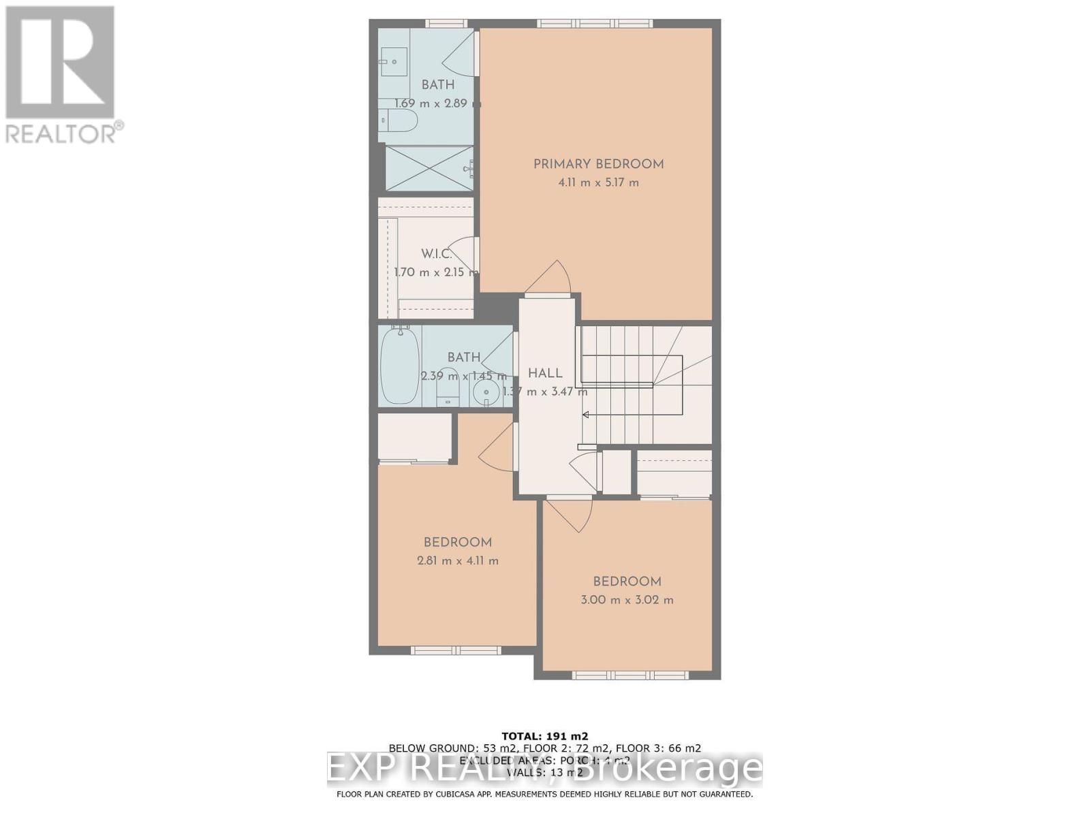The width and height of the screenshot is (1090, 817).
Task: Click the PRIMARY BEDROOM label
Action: pos(598,164)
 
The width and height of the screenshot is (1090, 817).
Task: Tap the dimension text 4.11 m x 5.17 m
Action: pos(598,182)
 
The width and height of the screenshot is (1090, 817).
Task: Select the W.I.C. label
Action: pos(436,254)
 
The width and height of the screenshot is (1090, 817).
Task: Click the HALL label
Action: pos(545,373)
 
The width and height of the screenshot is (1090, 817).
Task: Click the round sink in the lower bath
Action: pos(486,392)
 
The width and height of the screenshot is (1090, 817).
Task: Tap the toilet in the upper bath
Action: pos(398,121)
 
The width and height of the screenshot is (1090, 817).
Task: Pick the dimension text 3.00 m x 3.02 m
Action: pos(627,600)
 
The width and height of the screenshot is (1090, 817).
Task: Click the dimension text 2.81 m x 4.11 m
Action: pos(458,561)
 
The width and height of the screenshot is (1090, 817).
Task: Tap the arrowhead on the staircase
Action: pos(585,415)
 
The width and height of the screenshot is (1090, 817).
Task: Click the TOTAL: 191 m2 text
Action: pos(545,736)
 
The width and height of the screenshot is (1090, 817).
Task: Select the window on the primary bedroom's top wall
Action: pos(595,24)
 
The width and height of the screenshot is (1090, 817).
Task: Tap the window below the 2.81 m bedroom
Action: pos(456,651)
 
